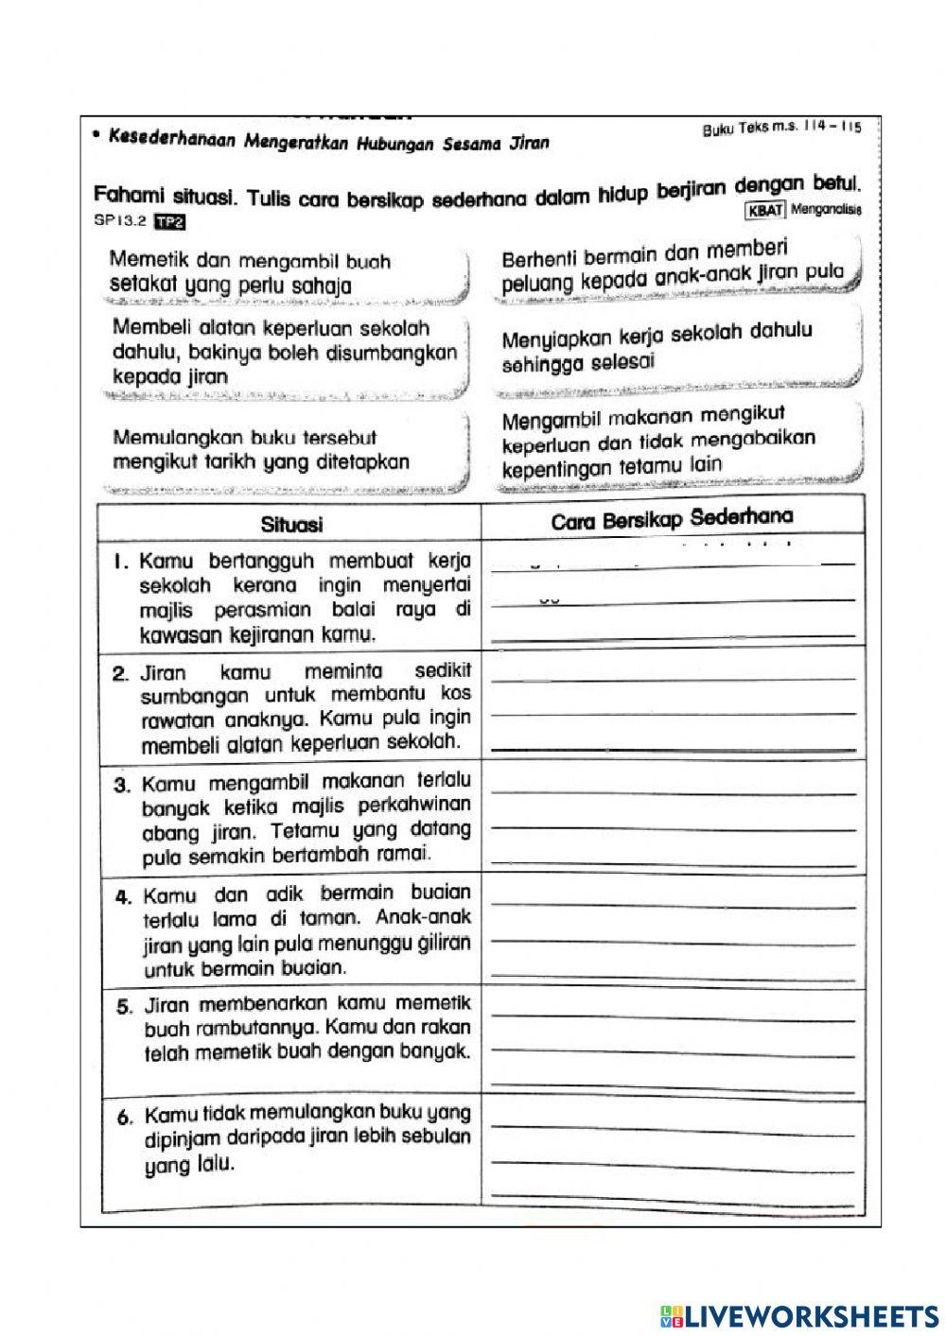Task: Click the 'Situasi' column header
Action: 291,524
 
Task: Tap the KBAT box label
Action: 765,210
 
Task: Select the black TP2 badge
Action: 171,223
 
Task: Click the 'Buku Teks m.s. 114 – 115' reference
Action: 781,129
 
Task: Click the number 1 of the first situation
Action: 119,562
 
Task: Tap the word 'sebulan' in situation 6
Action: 436,1137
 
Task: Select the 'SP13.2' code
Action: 118,223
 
